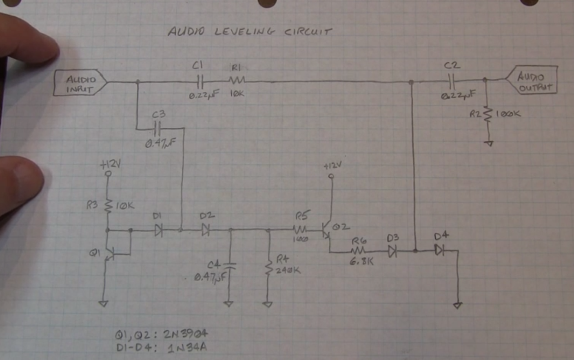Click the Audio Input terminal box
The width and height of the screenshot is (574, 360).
click(x=80, y=84)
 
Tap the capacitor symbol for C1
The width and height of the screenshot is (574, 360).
click(x=199, y=82)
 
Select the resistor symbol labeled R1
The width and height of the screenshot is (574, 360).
click(x=237, y=80)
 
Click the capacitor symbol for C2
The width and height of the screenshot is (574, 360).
click(x=452, y=81)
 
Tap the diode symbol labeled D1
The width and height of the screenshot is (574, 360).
click(x=159, y=231)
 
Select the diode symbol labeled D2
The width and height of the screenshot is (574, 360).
click(x=206, y=231)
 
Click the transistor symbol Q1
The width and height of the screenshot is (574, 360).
click(x=109, y=253)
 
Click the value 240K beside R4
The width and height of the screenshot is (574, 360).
click(x=288, y=270)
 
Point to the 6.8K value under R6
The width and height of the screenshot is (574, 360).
click(x=361, y=262)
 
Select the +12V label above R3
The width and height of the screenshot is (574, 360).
click(x=110, y=164)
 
